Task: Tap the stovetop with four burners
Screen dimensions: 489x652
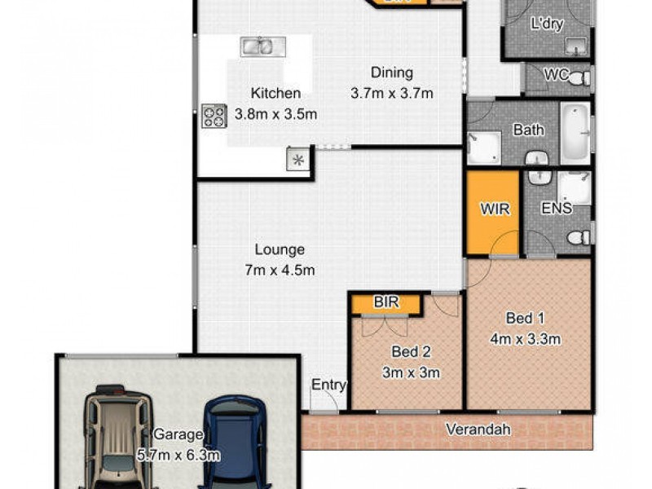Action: pyautogui.click(x=214, y=117)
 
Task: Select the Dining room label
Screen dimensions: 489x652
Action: pyautogui.click(x=391, y=73)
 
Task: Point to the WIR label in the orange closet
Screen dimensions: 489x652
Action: pyautogui.click(x=495, y=209)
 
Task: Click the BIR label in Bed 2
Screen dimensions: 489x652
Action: pyautogui.click(x=385, y=302)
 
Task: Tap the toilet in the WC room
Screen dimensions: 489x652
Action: pyautogui.click(x=579, y=79)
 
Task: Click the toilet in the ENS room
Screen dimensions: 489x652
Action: pyautogui.click(x=579, y=237)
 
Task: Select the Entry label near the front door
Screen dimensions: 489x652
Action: pyautogui.click(x=329, y=385)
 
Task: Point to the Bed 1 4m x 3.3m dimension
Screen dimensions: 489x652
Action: pyautogui.click(x=526, y=339)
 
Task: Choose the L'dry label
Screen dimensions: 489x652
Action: pyautogui.click(x=547, y=24)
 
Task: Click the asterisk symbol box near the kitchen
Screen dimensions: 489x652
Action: pyautogui.click(x=297, y=160)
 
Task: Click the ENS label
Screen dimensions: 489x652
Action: pyautogui.click(x=556, y=209)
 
